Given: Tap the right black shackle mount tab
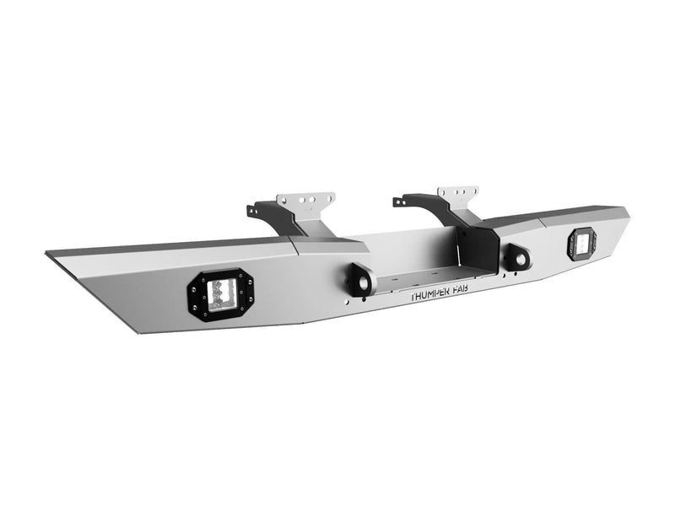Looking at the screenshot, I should pos(517,258).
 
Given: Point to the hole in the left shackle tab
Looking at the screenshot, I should pos(364,283).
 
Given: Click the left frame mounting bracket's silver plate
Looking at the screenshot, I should pos(305,201).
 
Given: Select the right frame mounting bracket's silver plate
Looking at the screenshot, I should pos(458,196).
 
